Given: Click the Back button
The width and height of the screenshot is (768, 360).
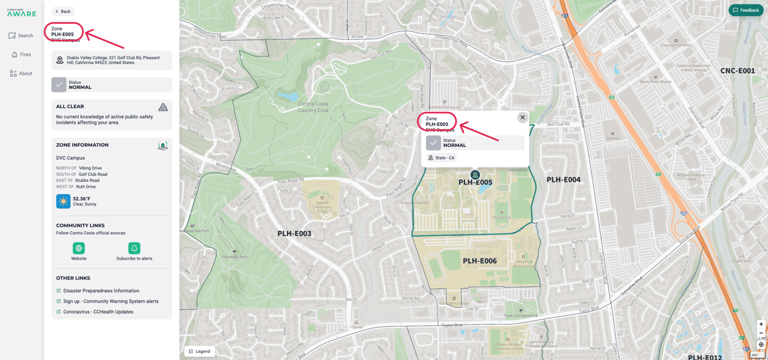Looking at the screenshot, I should (63, 11).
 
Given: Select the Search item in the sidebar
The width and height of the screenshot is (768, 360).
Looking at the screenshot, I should (21, 36).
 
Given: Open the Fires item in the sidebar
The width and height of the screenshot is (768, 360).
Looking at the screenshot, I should (21, 55).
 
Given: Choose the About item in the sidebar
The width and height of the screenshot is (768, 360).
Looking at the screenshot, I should (21, 74).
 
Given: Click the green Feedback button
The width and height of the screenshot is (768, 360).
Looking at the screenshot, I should (746, 10).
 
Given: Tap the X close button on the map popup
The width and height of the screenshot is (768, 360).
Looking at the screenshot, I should (522, 117).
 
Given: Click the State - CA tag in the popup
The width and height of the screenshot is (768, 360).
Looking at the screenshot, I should (441, 158).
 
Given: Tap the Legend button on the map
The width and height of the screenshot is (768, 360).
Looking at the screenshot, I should (200, 351).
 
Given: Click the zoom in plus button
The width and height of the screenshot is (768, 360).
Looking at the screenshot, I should (761, 324).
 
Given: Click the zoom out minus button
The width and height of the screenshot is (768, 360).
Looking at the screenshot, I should (761, 333).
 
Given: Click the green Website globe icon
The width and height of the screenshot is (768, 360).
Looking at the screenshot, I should (79, 248).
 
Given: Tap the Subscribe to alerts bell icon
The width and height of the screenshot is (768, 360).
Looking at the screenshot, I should (134, 248).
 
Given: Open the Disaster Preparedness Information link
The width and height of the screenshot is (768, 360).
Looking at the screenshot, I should (101, 291).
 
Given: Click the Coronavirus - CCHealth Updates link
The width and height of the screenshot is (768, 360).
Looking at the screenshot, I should (98, 312).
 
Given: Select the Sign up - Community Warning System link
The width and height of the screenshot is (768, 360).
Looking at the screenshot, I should (111, 301).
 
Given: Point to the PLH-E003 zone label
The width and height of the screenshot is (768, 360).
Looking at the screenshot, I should (294, 233).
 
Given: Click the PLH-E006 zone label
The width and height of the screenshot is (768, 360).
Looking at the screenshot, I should (479, 261).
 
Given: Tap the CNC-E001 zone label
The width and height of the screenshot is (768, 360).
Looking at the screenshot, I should (737, 71).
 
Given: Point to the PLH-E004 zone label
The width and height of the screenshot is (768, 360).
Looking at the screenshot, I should (563, 180).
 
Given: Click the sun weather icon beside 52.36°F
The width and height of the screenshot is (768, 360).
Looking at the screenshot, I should (63, 201).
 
